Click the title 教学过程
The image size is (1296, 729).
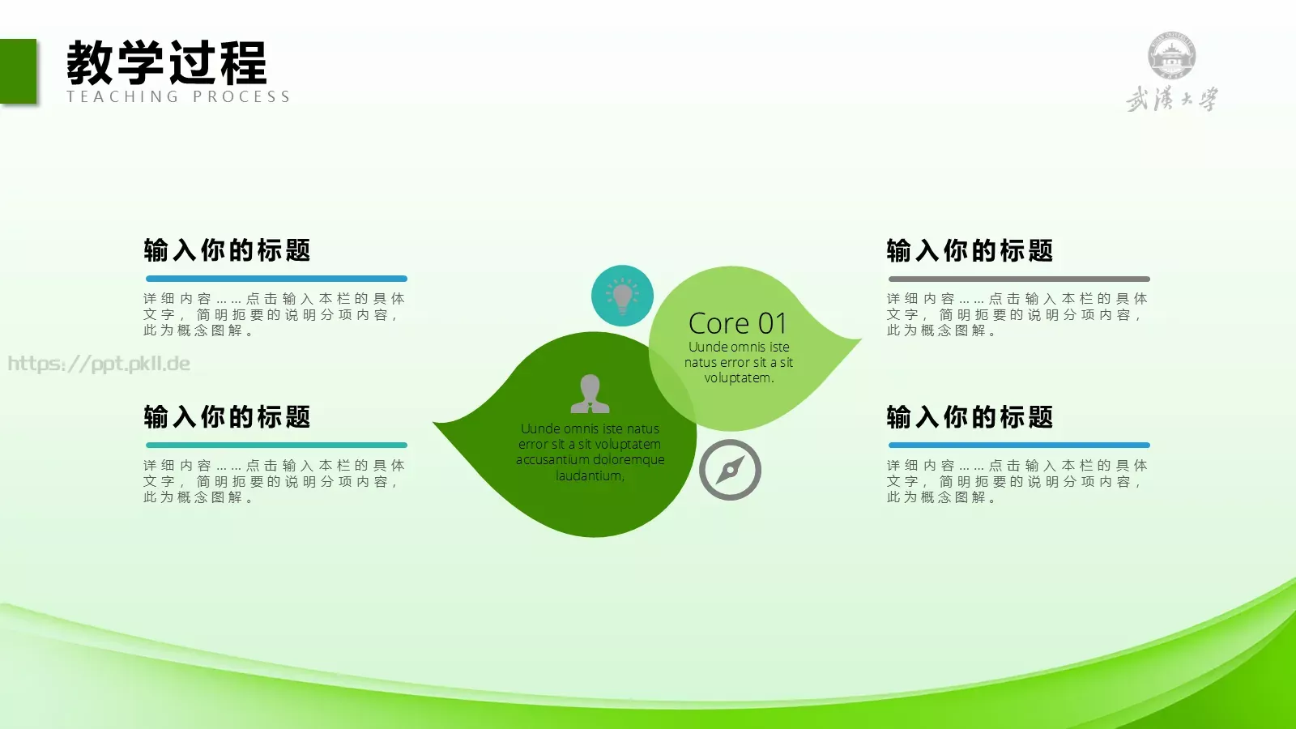tap(166, 63)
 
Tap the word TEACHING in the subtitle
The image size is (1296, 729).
tap(122, 97)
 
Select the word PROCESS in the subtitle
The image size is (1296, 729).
tap(241, 97)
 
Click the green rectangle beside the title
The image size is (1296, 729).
tap(18, 71)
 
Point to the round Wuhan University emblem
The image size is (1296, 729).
tap(1171, 56)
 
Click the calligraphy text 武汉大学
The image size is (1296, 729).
tap(1171, 100)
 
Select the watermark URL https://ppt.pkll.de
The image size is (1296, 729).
tap(99, 364)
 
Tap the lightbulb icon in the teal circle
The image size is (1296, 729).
tap(622, 296)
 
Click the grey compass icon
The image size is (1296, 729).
tap(730, 470)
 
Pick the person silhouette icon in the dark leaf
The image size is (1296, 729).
tap(590, 394)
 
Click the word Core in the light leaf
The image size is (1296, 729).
tap(718, 324)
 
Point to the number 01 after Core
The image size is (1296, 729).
tap(773, 324)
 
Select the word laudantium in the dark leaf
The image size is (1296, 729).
tap(590, 476)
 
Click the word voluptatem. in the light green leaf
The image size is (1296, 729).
tap(739, 378)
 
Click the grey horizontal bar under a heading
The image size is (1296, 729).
tap(1018, 279)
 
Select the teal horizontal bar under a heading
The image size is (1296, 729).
tap(276, 445)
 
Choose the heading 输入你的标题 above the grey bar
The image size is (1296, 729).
tap(970, 251)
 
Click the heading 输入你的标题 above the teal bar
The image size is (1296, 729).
tap(227, 417)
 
